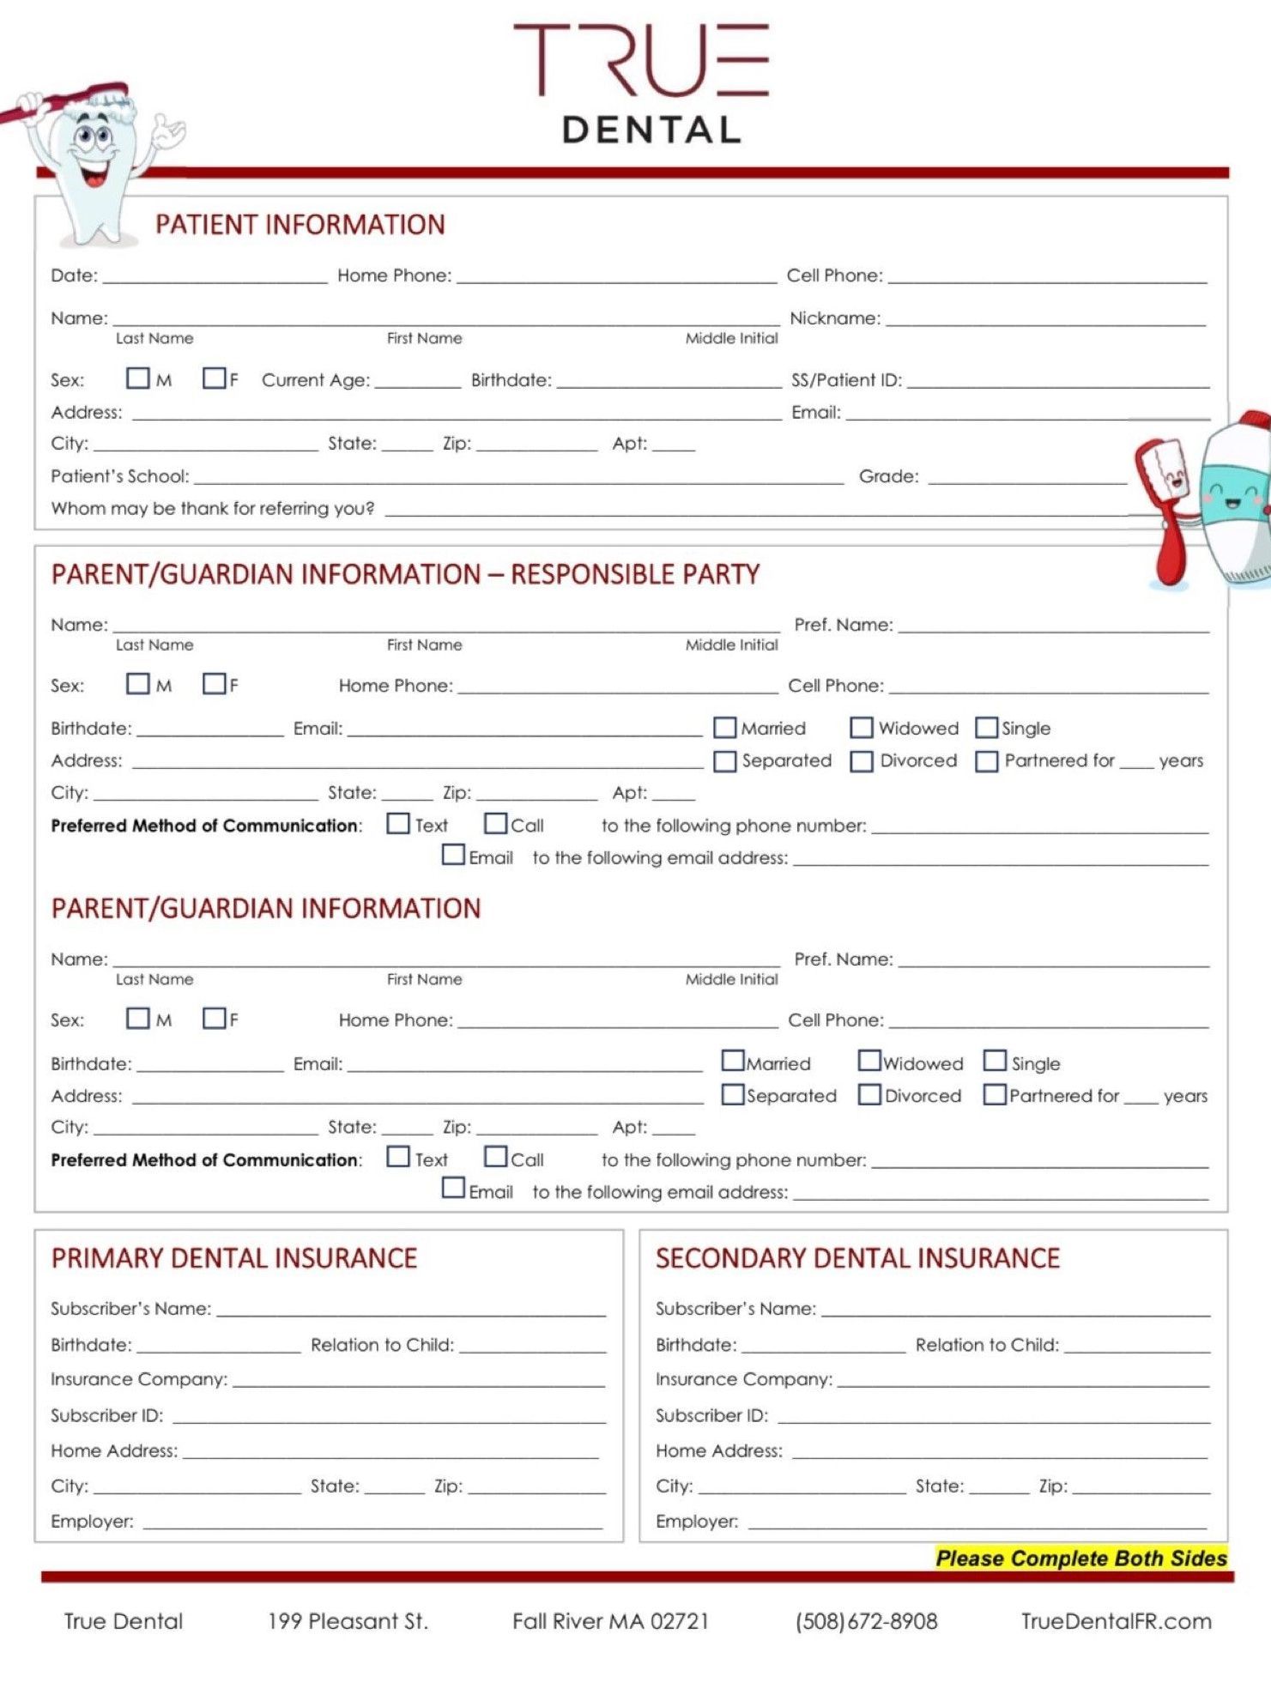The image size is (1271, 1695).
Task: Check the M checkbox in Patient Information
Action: click(x=137, y=378)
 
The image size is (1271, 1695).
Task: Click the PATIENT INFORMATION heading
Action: click(x=300, y=225)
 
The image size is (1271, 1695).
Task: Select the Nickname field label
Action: click(x=834, y=318)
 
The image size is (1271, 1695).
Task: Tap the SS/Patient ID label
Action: click(x=846, y=380)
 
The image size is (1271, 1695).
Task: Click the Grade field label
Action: click(x=888, y=476)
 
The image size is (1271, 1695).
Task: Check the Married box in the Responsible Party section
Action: click(x=725, y=728)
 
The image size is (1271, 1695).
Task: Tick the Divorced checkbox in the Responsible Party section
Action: click(x=862, y=761)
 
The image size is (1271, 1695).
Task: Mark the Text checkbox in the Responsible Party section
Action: click(x=398, y=824)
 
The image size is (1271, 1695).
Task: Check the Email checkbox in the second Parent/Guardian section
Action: click(x=453, y=1189)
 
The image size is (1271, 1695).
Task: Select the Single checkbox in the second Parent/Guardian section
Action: click(x=995, y=1061)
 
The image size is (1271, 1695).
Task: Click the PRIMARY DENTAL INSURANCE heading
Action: click(x=233, y=1258)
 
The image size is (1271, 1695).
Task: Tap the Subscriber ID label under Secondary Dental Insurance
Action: click(x=711, y=1415)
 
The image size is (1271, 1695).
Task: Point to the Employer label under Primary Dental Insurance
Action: click(x=92, y=1522)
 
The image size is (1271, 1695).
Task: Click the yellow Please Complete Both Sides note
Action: click(x=1080, y=1559)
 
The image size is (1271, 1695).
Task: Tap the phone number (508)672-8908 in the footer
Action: click(x=866, y=1621)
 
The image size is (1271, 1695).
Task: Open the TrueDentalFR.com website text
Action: click(x=1116, y=1621)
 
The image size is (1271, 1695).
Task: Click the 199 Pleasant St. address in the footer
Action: click(x=348, y=1621)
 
